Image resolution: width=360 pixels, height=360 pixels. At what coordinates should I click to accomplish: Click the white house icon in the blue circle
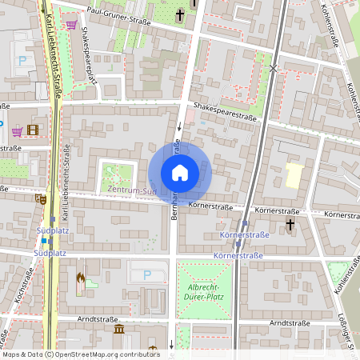click(x=180, y=173)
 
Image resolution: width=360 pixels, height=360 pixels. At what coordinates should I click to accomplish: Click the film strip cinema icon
click(x=32, y=130)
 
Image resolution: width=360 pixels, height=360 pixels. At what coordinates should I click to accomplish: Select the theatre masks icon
click(x=40, y=198)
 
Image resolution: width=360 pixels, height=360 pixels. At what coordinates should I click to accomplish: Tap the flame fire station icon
click(x=79, y=279)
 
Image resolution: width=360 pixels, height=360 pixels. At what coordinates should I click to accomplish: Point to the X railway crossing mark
click(x=274, y=70)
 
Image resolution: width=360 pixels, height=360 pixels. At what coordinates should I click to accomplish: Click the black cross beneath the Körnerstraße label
click(x=290, y=223)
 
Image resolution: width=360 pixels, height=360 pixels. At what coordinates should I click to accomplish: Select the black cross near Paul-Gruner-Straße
click(x=181, y=14)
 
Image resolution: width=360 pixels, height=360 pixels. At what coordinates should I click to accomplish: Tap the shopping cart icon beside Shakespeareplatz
click(x=71, y=25)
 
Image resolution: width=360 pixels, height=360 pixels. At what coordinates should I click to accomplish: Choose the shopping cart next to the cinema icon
click(x=16, y=130)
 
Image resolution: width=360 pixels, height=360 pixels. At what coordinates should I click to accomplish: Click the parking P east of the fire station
click(x=146, y=274)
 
